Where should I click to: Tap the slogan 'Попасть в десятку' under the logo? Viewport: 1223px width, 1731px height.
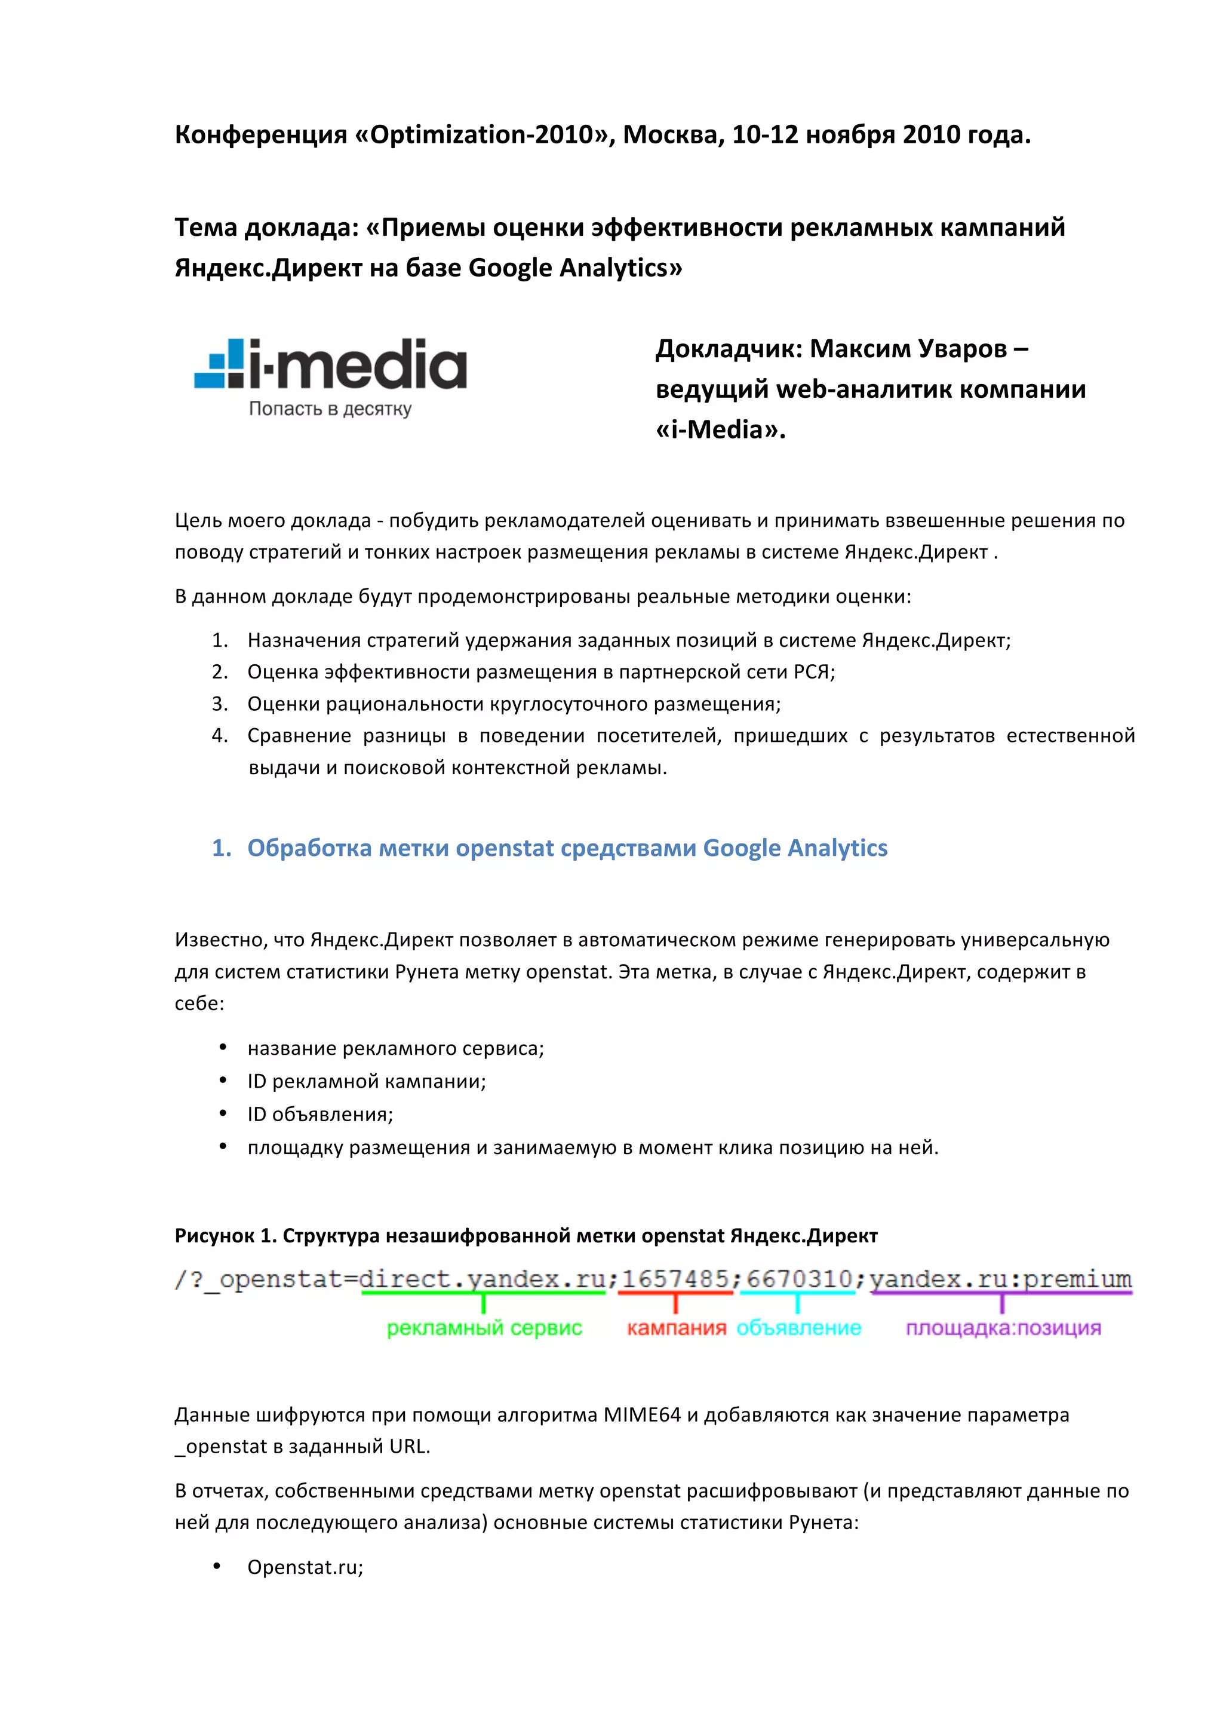coord(330,409)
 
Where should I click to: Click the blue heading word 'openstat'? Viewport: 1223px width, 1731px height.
coord(504,848)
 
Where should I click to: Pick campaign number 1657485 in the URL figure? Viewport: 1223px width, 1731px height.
coord(675,1279)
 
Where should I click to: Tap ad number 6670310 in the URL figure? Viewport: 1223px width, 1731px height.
coord(799,1279)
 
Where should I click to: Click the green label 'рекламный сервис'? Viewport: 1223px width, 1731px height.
coord(484,1328)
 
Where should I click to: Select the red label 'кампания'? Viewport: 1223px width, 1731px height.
coord(676,1328)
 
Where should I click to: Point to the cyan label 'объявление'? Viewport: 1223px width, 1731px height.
coord(799,1328)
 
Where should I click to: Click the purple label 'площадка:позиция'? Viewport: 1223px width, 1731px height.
coord(1003,1328)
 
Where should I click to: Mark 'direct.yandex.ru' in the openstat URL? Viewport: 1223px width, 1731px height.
coord(483,1279)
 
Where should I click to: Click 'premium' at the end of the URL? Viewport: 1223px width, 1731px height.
coord(1077,1279)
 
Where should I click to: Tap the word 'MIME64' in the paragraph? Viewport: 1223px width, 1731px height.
coord(642,1415)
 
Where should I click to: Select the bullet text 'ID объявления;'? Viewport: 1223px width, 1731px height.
coord(320,1115)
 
